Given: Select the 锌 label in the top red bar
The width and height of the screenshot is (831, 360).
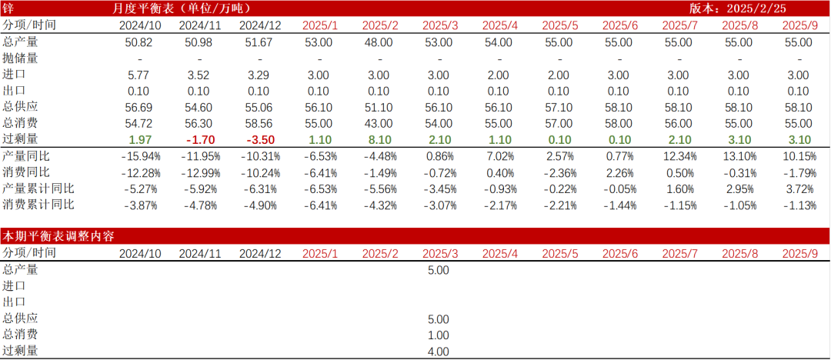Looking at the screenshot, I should click(x=8, y=8).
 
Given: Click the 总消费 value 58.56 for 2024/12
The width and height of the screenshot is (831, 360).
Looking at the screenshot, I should click(x=259, y=122).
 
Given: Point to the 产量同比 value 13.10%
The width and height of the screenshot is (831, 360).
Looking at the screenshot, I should click(x=739, y=156).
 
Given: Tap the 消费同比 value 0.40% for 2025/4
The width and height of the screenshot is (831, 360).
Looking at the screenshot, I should click(x=499, y=172).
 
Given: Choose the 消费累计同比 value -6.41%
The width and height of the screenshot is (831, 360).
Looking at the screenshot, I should click(x=319, y=205).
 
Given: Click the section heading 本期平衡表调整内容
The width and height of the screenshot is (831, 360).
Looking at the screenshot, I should click(x=58, y=236).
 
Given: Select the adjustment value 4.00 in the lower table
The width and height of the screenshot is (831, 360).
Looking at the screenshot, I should click(x=438, y=352).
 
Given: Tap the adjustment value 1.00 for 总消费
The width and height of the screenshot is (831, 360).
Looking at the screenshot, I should click(x=438, y=335).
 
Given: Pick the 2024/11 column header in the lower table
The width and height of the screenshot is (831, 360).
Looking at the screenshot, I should click(x=199, y=252).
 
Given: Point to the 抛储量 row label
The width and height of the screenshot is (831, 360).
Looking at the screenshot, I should click(x=20, y=58).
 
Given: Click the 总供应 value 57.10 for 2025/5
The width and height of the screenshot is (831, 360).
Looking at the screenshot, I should click(x=559, y=107).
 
